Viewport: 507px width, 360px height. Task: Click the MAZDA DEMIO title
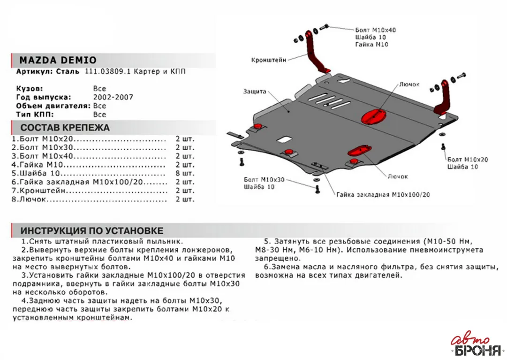[x=58, y=60]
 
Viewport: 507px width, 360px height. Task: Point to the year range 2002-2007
[x=113, y=97]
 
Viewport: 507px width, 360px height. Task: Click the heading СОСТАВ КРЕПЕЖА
[x=65, y=128]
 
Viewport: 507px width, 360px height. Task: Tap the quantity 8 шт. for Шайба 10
[x=185, y=173]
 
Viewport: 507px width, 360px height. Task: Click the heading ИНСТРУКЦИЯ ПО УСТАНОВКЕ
[x=92, y=231]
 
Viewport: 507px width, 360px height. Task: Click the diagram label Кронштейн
[x=268, y=60]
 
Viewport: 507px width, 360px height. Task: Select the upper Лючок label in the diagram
[x=409, y=84]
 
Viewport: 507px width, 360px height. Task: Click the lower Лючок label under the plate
[x=398, y=176]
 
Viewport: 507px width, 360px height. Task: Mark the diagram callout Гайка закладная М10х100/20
[x=383, y=194]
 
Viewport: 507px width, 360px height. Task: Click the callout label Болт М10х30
[x=265, y=180]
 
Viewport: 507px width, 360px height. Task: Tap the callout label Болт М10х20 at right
[x=467, y=160]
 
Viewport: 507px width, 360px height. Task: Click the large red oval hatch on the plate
[x=373, y=115]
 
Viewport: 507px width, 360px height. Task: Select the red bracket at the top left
[x=313, y=52]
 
